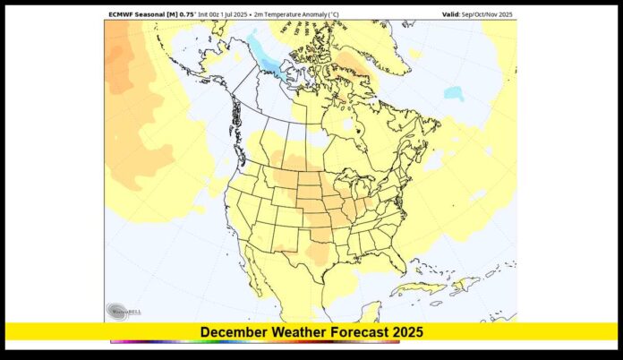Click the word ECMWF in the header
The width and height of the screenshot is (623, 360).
[123, 14]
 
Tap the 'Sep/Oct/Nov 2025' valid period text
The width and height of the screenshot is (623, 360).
[491, 14]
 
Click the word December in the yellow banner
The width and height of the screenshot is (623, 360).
[233, 332]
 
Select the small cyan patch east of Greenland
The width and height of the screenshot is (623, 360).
[454, 92]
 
